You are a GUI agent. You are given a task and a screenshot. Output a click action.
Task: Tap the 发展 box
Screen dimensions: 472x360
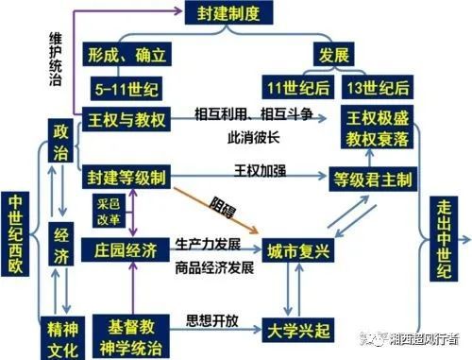coord(337,52)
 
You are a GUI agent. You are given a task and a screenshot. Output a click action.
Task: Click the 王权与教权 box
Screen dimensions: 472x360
coord(127,121)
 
